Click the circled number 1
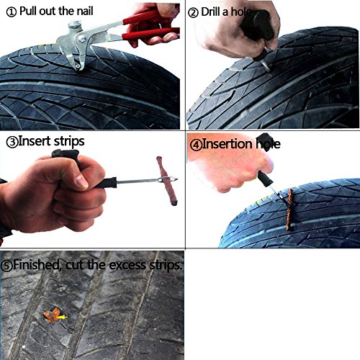tap(12, 12)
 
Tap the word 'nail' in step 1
tap(85, 11)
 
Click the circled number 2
tap(193, 12)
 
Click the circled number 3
tap(12, 142)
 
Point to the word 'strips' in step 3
tap(69, 142)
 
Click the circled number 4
tap(196, 145)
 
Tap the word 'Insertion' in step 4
tap(227, 144)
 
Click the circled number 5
tap(6, 266)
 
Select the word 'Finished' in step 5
tap(36, 265)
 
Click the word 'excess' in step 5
tap(127, 266)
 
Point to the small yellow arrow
tap(63, 318)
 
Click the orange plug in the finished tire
tap(52, 315)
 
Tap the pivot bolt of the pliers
tap(82, 38)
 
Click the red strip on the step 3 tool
tap(167, 181)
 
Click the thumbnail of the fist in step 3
tap(81, 181)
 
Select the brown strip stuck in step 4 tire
tap(290, 210)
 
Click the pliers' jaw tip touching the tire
tap(78, 68)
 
